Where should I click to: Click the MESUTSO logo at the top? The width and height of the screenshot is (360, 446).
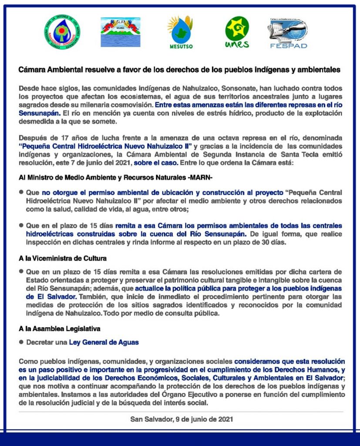180,32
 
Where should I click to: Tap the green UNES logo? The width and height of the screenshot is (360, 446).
237,32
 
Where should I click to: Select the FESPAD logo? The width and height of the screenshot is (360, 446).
288,33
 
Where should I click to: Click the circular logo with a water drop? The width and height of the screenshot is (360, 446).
62,32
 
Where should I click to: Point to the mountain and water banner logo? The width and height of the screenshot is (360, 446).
120,32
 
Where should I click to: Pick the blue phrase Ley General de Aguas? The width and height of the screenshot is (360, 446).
104,342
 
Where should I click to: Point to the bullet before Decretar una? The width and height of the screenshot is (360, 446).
21,342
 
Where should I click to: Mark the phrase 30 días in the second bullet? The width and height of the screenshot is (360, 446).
275,243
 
